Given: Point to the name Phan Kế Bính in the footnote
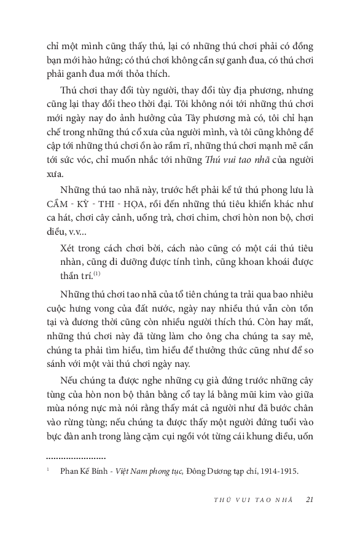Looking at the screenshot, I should coord(84,472).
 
